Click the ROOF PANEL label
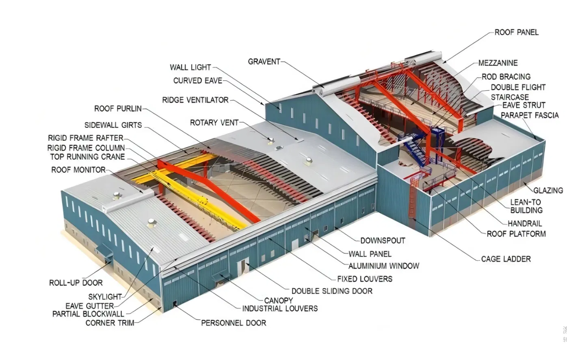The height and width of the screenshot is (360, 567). click(x=516, y=32)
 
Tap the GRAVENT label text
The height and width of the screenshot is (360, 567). click(x=264, y=62)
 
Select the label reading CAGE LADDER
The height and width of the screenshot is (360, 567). click(x=506, y=259)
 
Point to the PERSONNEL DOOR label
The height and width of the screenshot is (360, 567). click(x=234, y=323)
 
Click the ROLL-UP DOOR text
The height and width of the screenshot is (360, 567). click(x=76, y=283)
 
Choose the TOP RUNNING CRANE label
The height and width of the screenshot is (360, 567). click(x=87, y=157)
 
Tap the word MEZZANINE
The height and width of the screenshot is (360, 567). click(x=498, y=63)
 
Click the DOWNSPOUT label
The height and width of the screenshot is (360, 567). click(x=383, y=241)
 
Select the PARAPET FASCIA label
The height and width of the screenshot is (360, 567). click(x=530, y=115)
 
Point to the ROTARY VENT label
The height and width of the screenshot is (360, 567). click(x=214, y=123)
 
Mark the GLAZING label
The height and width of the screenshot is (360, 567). click(x=548, y=190)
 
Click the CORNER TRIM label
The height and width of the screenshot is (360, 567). click(x=110, y=323)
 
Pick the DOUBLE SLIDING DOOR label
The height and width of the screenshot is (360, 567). click(x=332, y=291)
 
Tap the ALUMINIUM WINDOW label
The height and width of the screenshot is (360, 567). click(x=383, y=266)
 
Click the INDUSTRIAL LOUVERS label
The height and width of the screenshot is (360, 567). click(x=280, y=309)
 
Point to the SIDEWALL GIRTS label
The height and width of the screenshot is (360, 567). click(x=113, y=125)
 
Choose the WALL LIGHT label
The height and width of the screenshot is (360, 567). click(x=190, y=67)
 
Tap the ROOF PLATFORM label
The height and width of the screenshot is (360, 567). click(x=516, y=234)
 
